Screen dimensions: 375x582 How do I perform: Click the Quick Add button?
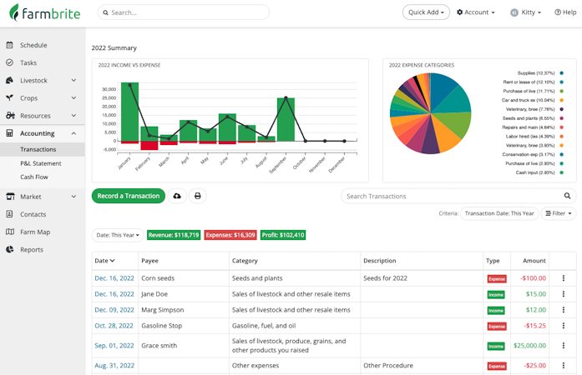pos(426,12)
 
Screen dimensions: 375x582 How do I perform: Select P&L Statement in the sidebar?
pos(41,163)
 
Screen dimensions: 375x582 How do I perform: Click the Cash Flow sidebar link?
pos(34,177)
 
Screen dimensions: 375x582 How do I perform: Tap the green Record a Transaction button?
pos(128,196)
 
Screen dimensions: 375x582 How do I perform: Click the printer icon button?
pos(198,196)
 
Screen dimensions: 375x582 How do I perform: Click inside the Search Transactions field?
pos(451,196)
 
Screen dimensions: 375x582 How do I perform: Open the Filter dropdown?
pos(558,213)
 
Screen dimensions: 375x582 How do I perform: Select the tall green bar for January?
pos(129,112)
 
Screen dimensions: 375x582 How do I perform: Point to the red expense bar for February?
pos(149,146)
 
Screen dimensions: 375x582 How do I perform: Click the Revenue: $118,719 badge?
pos(174,235)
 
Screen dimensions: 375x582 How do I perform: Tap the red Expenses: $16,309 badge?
pos(230,235)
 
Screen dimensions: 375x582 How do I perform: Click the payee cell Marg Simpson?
pos(162,310)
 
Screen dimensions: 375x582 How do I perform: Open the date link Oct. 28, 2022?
pos(114,326)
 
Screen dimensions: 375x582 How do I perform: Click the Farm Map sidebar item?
pos(35,232)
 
